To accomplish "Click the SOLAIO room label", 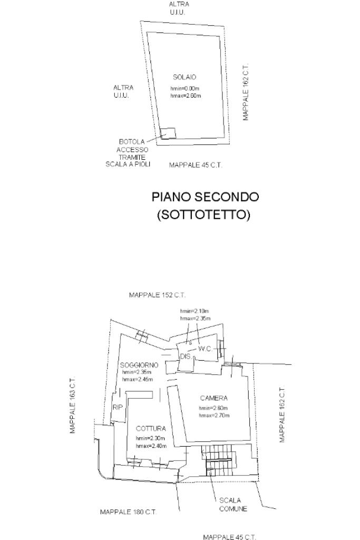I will click(184, 78).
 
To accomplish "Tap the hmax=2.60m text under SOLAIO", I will click(186, 96).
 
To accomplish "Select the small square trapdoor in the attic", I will click(168, 133).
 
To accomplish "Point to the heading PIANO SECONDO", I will click(205, 197).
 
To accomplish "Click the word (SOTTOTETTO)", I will click(203, 215).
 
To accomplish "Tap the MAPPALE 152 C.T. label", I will click(157, 295).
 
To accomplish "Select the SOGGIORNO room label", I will click(139, 365).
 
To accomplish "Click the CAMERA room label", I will click(213, 398).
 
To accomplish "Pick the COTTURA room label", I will click(151, 429).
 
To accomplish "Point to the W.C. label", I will click(205, 349).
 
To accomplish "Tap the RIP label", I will click(117, 407).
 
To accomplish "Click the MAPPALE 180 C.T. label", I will click(128, 512).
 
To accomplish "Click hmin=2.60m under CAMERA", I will click(213, 408).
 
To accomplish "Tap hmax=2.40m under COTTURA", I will click(151, 446).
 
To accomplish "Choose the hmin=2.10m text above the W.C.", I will click(195, 312).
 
